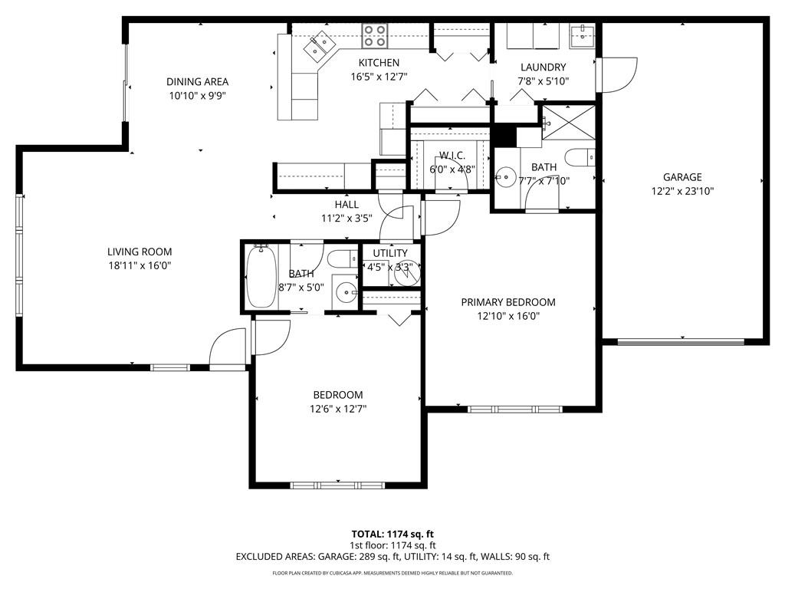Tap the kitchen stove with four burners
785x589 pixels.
coord(375,36)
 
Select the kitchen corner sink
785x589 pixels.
coord(317,48)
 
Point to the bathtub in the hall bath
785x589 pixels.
coord(261,276)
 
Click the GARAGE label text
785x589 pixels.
coord(682,177)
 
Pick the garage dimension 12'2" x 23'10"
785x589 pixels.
coord(682,192)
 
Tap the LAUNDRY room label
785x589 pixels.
coord(543,67)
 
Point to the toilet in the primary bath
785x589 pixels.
coord(580,157)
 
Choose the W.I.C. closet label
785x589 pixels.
coord(452,156)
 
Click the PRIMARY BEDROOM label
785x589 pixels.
coord(508,302)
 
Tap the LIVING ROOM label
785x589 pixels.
coord(140,252)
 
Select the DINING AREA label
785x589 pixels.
coord(198,82)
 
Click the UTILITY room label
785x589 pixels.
coord(390,253)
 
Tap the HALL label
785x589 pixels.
coord(347,205)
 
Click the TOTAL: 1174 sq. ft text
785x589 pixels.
coord(392,534)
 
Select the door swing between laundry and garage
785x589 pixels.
coord(620,73)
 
